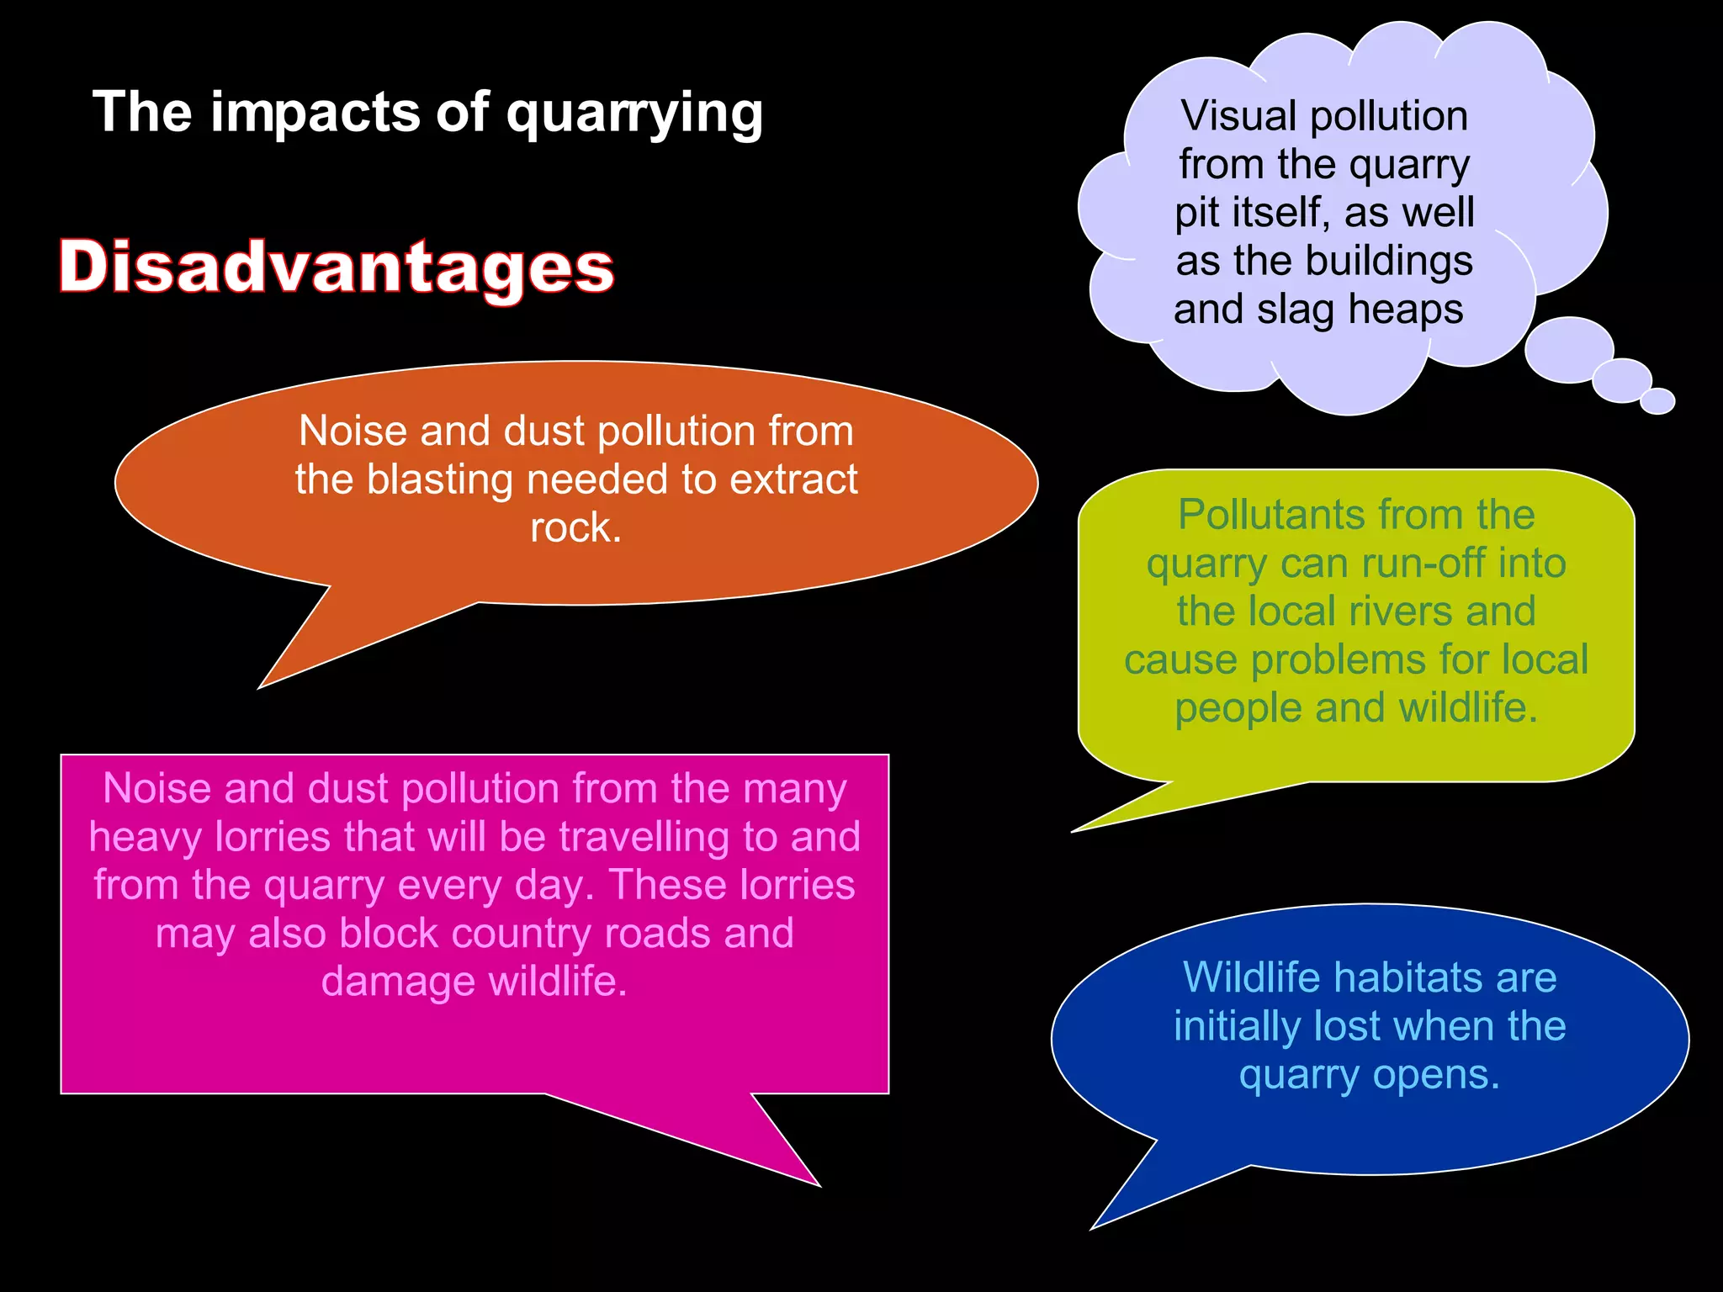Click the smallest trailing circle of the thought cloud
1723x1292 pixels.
click(1657, 401)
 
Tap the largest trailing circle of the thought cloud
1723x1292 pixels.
click(1569, 349)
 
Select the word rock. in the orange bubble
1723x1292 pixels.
click(576, 527)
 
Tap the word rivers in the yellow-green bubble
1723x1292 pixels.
click(1400, 611)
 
